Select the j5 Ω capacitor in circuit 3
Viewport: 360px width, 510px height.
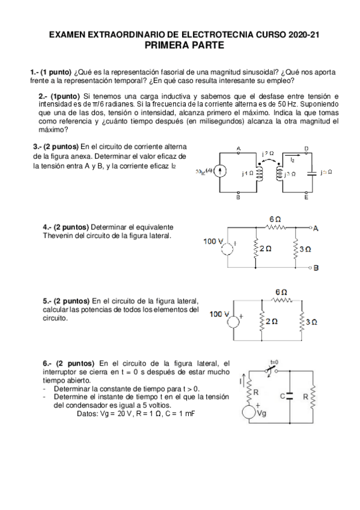tap(311, 172)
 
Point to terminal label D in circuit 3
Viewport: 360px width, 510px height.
tap(307, 148)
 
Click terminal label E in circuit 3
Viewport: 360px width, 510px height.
tap(307, 197)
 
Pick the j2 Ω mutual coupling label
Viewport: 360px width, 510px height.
tap(268, 153)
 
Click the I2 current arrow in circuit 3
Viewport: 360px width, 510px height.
tap(292, 161)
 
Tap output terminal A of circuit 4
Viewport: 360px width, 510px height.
tap(316, 229)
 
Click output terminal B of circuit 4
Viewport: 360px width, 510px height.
tap(316, 266)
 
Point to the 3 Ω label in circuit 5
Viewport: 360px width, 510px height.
tap(311, 322)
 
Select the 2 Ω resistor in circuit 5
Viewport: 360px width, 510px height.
tap(261, 322)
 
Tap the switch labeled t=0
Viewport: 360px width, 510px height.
tap(271, 369)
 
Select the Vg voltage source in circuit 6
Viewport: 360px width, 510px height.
tap(248, 413)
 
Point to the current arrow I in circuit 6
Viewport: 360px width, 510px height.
tap(242, 381)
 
